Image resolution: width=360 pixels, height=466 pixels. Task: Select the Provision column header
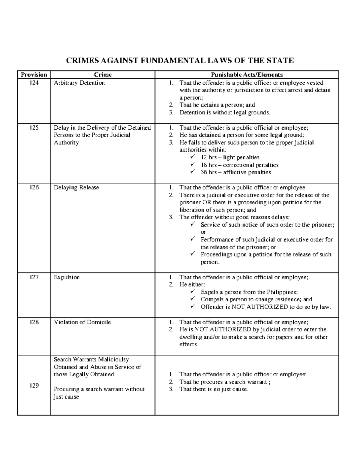tap(34, 75)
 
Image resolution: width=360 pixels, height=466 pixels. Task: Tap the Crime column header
tap(103, 75)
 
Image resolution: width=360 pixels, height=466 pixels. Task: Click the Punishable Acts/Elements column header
tap(247, 75)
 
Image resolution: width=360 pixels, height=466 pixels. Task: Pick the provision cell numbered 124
tap(34, 83)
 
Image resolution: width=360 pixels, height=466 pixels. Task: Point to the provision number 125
tap(34, 128)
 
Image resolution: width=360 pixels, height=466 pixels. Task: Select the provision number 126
tap(34, 188)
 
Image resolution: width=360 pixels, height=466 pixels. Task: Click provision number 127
tap(34, 277)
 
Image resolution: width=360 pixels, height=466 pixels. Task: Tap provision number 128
tap(34, 322)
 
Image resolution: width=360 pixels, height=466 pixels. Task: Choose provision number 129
tap(34, 386)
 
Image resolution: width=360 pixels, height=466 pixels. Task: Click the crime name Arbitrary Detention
tap(79, 83)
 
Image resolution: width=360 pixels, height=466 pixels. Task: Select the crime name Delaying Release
tap(76, 188)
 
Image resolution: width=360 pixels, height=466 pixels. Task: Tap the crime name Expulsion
tap(67, 277)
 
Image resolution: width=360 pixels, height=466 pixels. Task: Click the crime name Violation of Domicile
tap(82, 322)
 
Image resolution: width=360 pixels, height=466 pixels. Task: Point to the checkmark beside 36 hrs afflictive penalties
tap(193, 172)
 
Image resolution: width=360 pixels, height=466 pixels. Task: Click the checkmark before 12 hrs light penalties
tap(193, 157)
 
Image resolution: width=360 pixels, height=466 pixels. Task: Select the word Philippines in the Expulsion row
tap(282, 292)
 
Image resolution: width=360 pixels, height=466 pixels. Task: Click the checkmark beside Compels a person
tap(193, 299)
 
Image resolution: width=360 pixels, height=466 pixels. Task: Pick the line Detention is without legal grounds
tap(225, 113)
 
